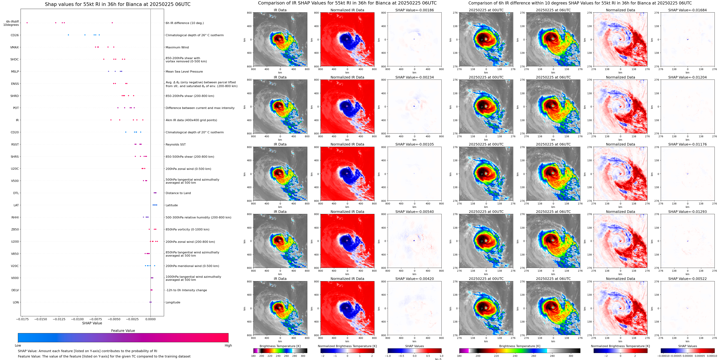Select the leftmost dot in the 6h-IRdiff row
pos(27,23)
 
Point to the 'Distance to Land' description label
pos(178,193)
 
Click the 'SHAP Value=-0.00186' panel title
pos(415,10)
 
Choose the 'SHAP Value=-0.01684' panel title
pos(687,10)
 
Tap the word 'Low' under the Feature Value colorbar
pos(18,345)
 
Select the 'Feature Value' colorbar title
pos(123,331)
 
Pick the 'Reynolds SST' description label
pos(175,144)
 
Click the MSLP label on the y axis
pos(15,71)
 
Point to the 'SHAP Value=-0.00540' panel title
pos(415,212)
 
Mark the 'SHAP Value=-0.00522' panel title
pos(687,279)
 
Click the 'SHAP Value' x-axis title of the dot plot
pos(92,323)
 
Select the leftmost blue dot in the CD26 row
pos(68,35)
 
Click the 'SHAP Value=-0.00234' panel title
pos(415,77)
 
